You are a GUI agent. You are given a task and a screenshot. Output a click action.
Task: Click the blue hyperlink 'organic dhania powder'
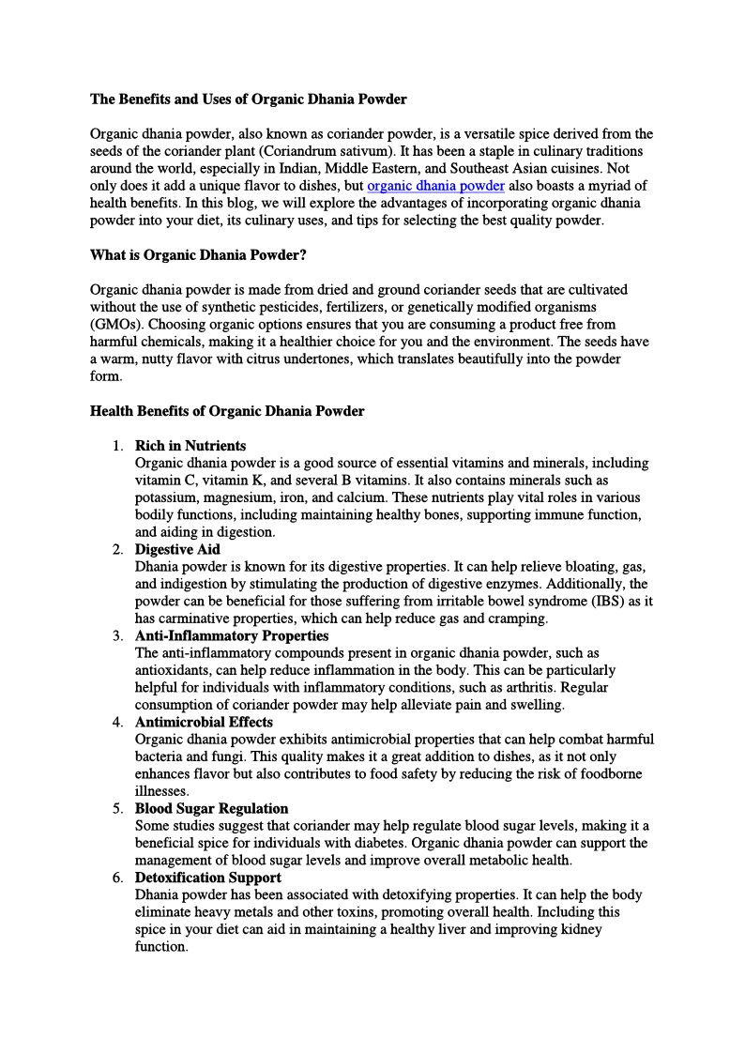[435, 186]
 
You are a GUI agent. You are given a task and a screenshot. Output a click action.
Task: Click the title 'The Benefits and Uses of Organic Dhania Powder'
[248, 99]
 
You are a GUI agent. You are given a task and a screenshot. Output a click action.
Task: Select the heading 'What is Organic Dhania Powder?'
[198, 255]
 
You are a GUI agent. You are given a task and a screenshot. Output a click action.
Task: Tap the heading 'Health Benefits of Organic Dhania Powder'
[227, 411]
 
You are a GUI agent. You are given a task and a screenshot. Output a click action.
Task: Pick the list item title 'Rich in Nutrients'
[190, 446]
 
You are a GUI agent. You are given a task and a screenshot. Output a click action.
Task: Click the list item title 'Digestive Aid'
[177, 549]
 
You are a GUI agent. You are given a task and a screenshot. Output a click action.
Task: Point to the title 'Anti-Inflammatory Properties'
[232, 635]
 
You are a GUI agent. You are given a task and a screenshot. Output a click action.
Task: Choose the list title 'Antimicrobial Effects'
[204, 722]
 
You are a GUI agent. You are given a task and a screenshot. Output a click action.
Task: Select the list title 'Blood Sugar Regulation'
[211, 808]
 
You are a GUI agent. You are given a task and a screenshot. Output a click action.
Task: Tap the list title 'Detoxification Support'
[207, 878]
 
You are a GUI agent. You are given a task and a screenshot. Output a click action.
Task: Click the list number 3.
[117, 635]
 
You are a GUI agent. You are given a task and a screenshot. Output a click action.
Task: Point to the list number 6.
[117, 878]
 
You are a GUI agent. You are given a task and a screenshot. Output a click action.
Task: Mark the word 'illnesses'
[161, 791]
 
